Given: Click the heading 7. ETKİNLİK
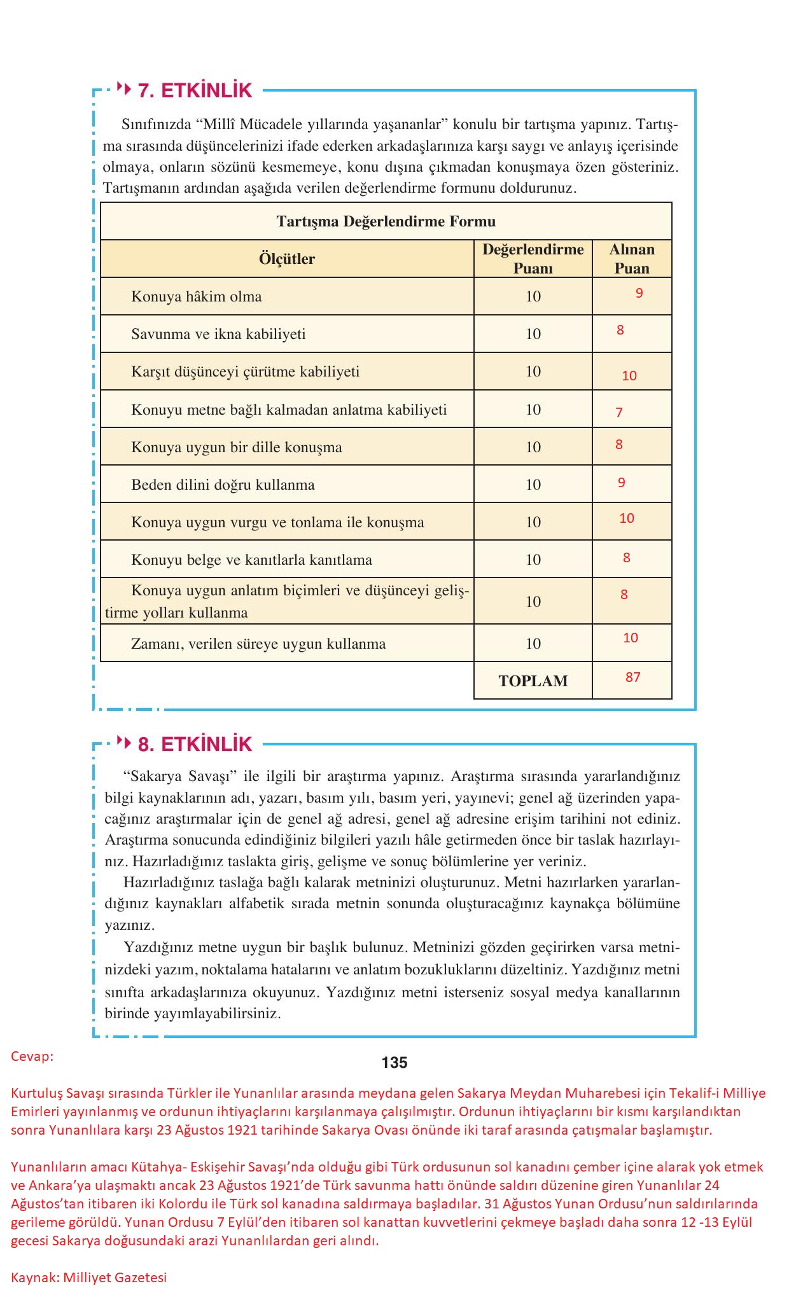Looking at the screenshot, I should point(195,90).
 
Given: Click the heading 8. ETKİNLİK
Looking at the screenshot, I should point(195,744).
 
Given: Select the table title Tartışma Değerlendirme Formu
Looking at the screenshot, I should point(386,221).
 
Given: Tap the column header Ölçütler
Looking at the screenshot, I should point(286,259).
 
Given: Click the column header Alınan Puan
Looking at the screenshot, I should point(631,259).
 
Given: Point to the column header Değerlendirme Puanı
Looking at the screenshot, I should point(533,259).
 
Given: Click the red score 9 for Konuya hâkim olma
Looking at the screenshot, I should point(639,293).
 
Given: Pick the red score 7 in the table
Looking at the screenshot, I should point(618,413).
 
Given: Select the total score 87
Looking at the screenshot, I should point(632,677).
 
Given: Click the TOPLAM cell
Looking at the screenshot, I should point(533,681).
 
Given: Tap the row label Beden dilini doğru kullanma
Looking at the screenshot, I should point(223,485).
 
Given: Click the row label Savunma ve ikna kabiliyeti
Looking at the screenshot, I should point(218,334).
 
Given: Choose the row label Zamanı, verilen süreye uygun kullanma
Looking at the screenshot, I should point(258,644).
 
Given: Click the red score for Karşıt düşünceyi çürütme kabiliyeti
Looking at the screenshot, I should point(629,376).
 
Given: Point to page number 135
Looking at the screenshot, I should point(394,1063).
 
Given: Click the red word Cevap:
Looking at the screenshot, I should point(32,1056).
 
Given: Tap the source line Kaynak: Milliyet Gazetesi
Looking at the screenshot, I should point(88,1277).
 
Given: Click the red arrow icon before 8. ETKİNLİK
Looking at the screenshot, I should point(125,742).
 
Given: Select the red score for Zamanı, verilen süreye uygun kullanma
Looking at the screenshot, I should point(630,638).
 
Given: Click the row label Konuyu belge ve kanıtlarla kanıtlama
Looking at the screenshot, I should point(251,560).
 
